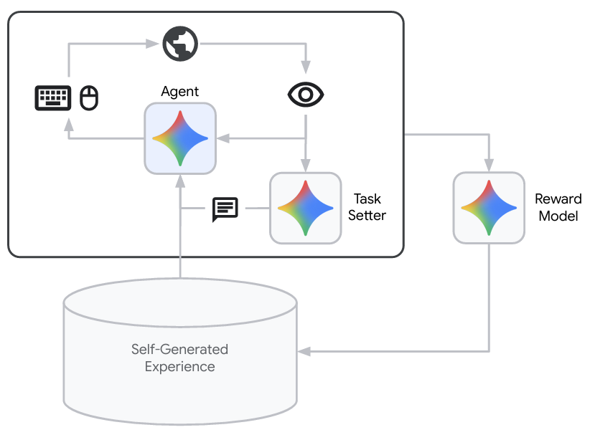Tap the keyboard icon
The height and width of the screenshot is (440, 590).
53,98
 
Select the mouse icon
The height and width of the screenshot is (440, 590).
89,98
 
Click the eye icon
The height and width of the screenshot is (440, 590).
306,94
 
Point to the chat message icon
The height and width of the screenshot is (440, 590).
225,209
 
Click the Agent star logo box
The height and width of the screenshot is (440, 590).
180,138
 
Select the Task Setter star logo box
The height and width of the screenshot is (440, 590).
306,208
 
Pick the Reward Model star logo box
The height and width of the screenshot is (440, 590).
489,208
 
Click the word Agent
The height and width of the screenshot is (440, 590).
180,92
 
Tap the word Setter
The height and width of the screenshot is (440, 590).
367,215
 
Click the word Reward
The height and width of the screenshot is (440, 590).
558,199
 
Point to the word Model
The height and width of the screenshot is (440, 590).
558,216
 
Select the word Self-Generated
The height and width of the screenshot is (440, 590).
179,350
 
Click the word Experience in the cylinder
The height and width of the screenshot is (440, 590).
179,366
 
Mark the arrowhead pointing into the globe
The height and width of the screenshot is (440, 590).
152,44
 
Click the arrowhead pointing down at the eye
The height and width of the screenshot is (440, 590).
306,67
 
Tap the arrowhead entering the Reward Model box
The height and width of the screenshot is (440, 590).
489,163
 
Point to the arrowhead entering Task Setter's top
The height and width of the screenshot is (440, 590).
306,164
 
